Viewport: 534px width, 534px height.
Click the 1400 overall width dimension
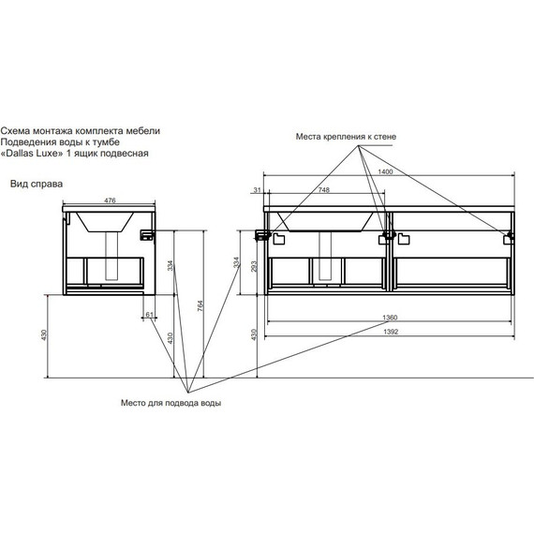(x=386, y=171)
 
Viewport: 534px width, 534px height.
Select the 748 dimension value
(x=323, y=190)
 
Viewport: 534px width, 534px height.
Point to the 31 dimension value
(x=257, y=190)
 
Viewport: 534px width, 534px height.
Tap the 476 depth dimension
(x=110, y=200)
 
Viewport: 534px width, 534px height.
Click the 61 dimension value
(x=150, y=315)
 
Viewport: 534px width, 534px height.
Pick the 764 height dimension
(x=200, y=305)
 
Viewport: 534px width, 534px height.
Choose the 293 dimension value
(x=253, y=267)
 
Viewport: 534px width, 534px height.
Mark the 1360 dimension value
(x=390, y=318)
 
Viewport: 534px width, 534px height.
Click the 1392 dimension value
(x=391, y=332)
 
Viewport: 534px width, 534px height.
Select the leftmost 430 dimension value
(x=44, y=335)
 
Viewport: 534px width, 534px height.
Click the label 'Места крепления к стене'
(x=346, y=137)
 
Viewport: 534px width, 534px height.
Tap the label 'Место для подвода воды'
(x=171, y=403)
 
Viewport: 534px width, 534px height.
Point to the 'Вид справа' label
(x=37, y=185)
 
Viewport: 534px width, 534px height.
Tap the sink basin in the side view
(x=105, y=222)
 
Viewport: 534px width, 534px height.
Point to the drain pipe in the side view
(x=111, y=256)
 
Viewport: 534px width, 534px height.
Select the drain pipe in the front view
(x=325, y=256)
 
